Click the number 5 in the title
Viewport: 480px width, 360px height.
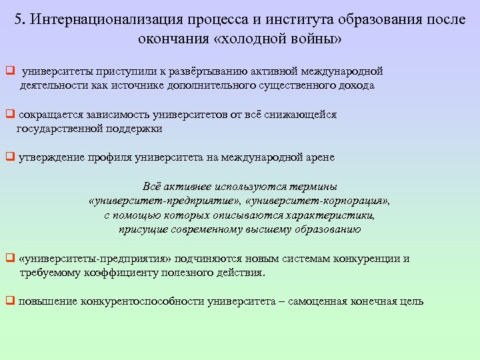click(18, 19)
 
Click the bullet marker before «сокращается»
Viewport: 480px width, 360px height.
click(9, 115)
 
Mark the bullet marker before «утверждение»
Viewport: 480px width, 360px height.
click(9, 158)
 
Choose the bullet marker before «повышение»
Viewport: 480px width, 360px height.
click(9, 301)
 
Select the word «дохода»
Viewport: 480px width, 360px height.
click(355, 85)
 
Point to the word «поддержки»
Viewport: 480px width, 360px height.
click(133, 129)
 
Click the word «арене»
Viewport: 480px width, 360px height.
click(319, 158)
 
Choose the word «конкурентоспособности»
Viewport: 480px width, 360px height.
click(142, 301)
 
